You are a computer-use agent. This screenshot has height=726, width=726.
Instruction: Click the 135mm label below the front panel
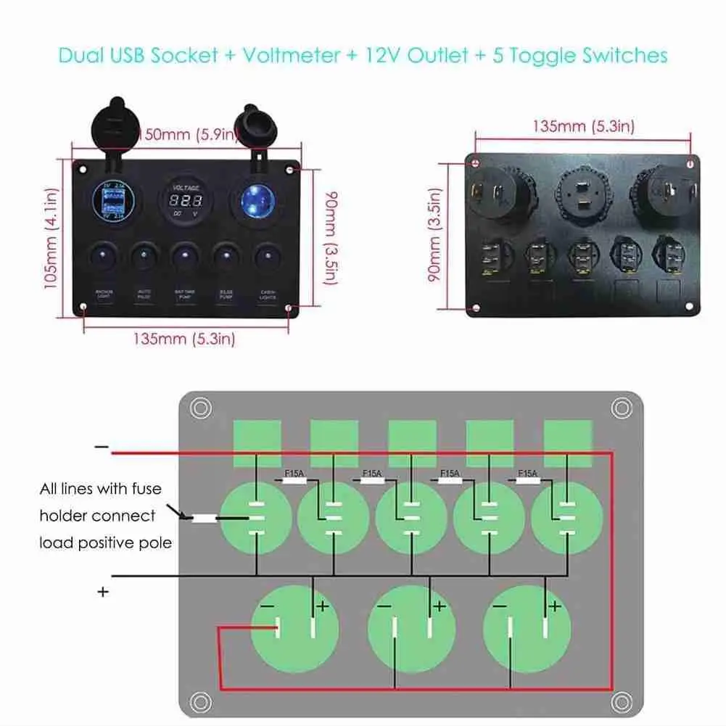[183, 338]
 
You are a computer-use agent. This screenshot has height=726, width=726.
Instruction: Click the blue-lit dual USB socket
[115, 201]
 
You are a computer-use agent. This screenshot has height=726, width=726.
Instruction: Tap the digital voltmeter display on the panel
[181, 201]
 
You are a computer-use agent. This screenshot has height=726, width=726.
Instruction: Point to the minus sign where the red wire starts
[102, 447]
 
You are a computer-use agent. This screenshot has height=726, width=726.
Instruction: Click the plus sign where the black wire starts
[103, 592]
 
